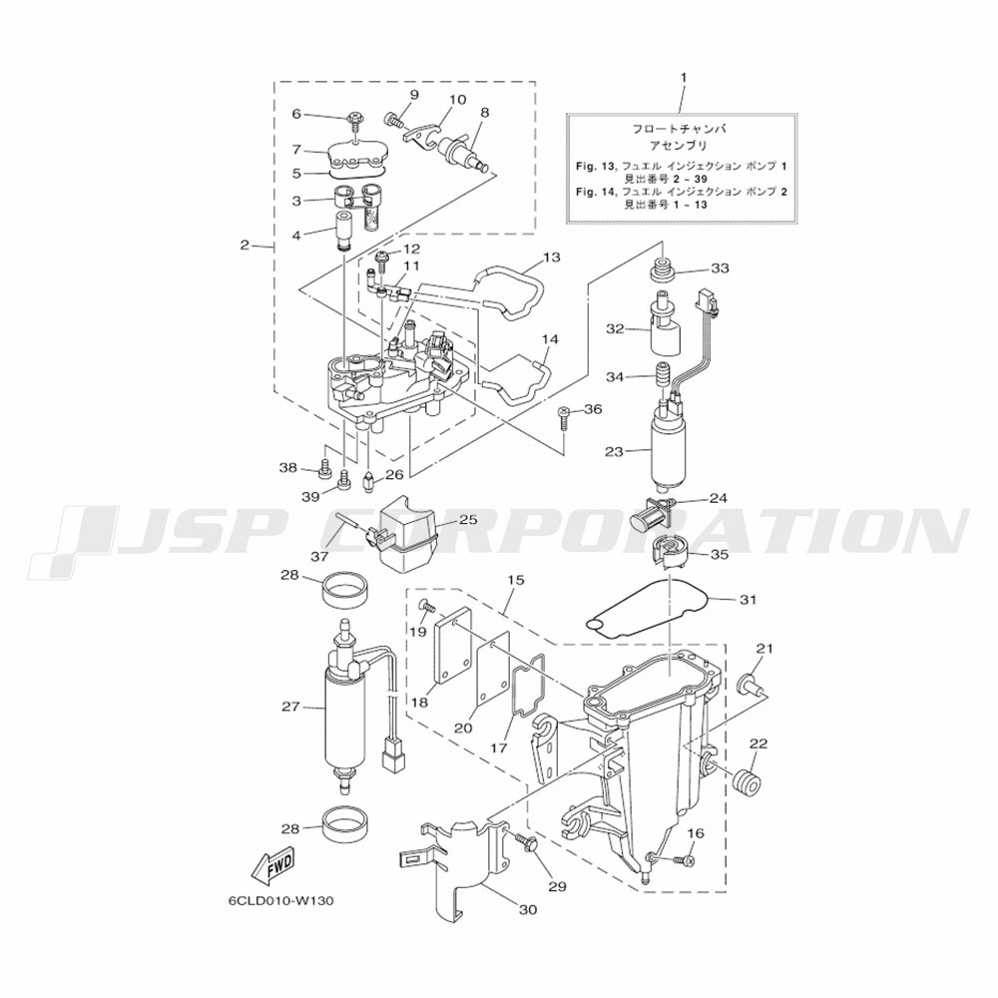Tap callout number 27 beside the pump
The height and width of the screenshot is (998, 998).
pos(290,707)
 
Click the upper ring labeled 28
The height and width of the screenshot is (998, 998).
pos(347,591)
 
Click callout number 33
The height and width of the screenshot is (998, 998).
pos(720,268)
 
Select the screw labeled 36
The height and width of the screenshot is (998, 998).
pos(564,417)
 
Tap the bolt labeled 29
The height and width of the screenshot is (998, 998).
pos(526,844)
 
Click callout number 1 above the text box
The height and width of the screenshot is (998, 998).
pos(684,77)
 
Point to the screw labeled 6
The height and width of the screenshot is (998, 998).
pos(353,121)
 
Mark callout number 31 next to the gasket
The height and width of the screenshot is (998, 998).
pos(748,600)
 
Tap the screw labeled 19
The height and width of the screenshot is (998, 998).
pos(426,605)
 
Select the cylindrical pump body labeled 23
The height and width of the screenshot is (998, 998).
pos(668,451)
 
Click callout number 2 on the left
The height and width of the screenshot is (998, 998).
pos(246,246)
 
